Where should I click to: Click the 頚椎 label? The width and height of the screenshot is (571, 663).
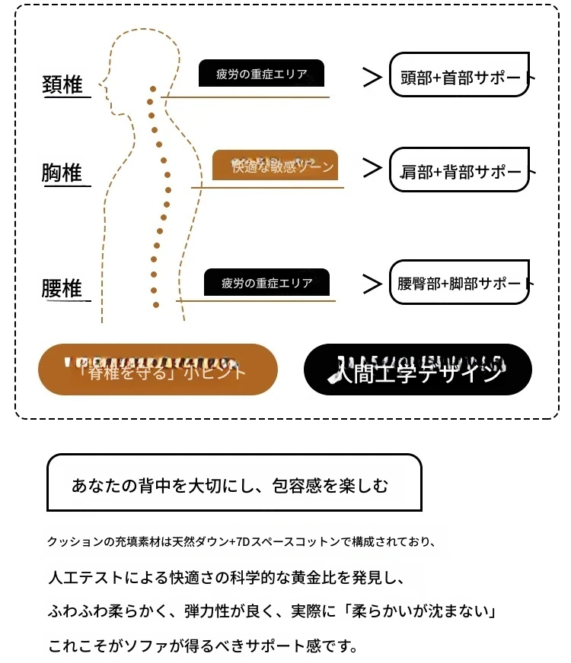coord(62,84)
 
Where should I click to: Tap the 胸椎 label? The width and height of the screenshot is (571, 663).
coord(62,173)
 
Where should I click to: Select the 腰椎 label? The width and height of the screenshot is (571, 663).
coord(62,290)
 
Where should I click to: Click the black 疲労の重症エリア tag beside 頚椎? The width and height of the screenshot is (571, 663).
coord(261,74)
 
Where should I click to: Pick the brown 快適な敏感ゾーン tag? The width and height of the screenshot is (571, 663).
coord(275,165)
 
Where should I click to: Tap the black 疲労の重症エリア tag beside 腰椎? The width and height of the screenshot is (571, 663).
coord(266,283)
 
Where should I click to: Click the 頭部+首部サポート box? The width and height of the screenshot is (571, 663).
coord(459,75)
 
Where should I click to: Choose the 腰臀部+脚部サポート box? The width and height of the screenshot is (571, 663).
coord(459,282)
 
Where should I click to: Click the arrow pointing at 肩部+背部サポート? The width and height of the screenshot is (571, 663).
coord(372,168)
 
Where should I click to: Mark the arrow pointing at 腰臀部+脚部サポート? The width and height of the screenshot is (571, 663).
coord(372,284)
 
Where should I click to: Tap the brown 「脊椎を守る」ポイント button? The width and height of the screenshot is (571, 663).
coord(158,370)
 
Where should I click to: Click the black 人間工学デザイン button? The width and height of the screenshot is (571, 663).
coord(417,370)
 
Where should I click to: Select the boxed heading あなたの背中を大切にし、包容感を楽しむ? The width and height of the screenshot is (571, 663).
coord(234,484)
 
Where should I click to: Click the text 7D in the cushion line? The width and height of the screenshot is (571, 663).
coord(244,542)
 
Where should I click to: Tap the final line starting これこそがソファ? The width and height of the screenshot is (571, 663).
coord(203,646)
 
